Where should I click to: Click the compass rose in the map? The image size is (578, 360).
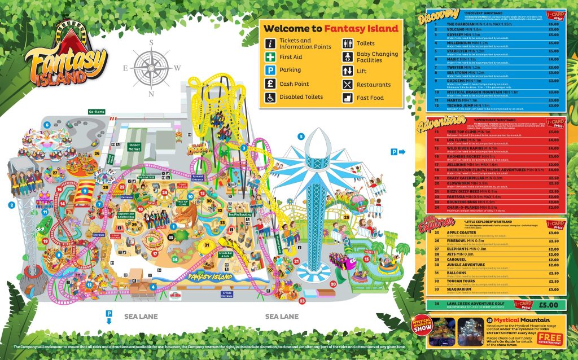[x=151, y=64]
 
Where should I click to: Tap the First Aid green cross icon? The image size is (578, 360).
[x=270, y=57]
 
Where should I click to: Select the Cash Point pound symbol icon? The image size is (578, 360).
[x=270, y=84]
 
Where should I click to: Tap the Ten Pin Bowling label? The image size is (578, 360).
[x=239, y=215]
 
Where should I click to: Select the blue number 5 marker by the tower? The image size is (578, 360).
[x=301, y=136]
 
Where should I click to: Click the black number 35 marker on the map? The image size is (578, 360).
[x=171, y=238]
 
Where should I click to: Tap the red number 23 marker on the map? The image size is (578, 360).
[x=302, y=301]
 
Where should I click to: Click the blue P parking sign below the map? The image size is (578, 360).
[x=110, y=314]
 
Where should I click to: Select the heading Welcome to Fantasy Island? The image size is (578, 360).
[x=331, y=28]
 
